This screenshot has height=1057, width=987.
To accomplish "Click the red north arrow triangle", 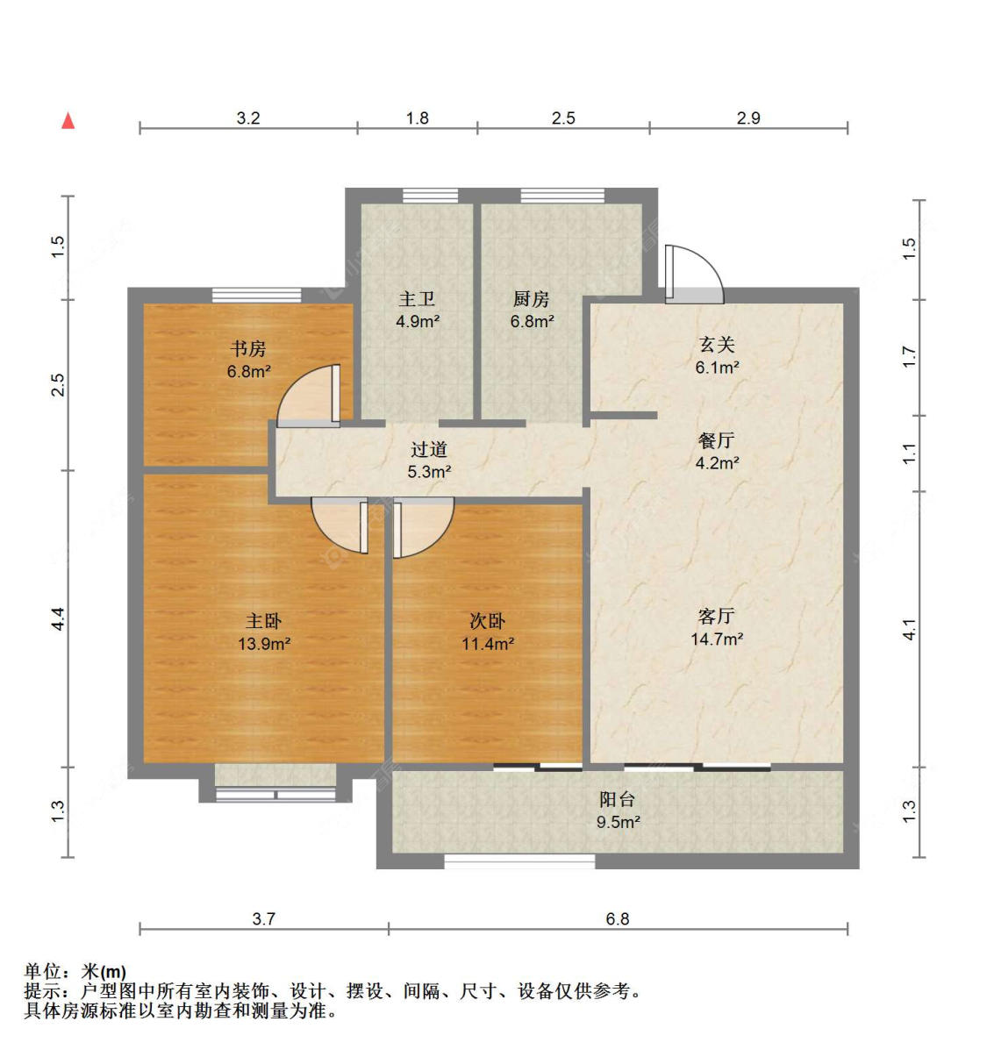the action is pyautogui.click(x=68, y=121).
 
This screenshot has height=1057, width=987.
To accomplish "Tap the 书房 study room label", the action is pyautogui.click(x=248, y=348).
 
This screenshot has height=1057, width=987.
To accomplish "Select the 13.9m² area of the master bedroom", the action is pyautogui.click(x=264, y=644).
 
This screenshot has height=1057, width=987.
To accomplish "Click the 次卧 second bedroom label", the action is pyautogui.click(x=487, y=621).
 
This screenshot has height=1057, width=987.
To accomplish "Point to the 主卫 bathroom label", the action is pyautogui.click(x=417, y=298).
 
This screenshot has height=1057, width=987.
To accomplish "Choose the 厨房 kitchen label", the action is pyautogui.click(x=532, y=298).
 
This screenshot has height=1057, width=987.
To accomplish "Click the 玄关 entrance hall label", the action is pyautogui.click(x=717, y=345).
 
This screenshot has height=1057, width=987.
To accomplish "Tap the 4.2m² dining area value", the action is pyautogui.click(x=717, y=463).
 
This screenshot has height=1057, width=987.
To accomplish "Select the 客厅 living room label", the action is pyautogui.click(x=717, y=616).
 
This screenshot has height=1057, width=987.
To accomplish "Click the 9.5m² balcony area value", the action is pyautogui.click(x=618, y=822).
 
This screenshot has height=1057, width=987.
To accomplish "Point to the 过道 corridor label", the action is pyautogui.click(x=428, y=450).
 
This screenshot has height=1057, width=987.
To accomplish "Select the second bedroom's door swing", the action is pyautogui.click(x=423, y=528).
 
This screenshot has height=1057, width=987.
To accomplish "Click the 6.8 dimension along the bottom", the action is pyautogui.click(x=618, y=918).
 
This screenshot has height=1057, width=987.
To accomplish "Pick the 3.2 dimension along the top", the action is pyautogui.click(x=248, y=118).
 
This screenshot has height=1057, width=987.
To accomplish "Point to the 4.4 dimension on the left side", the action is pyautogui.click(x=58, y=619).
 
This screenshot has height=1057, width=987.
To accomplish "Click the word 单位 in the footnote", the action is pyautogui.click(x=43, y=972).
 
